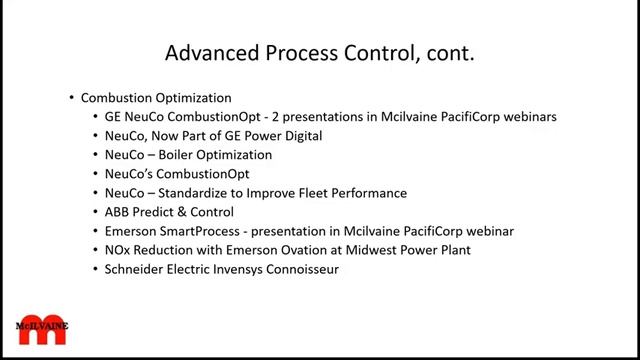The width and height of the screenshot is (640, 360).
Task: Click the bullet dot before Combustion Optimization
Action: point(72,98)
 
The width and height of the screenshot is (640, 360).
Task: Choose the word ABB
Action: point(118,212)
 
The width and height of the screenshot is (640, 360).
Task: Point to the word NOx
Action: point(118,250)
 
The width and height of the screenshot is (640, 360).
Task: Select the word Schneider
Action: point(133,269)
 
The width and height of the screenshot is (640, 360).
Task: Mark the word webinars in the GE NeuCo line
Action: point(526,117)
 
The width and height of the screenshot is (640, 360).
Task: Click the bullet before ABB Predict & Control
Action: point(95,212)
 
